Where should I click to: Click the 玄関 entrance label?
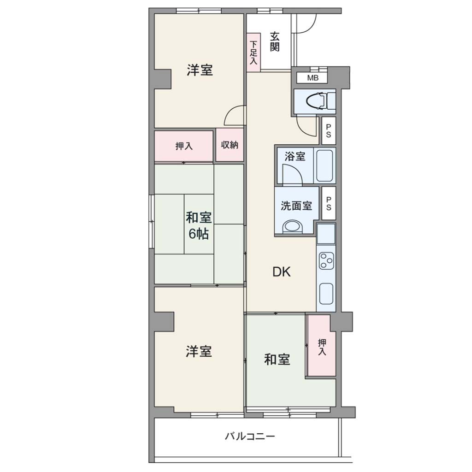coord(275,41)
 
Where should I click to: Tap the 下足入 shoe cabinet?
coord(254,53)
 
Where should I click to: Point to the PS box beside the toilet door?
coord(329,131)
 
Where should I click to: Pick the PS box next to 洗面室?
coord(329,203)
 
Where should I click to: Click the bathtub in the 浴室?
coord(325,165)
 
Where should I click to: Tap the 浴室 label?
coord(295,157)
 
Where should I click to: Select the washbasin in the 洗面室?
coord(292,227)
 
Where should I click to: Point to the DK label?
coord(282,272)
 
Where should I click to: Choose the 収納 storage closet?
coord(230,145)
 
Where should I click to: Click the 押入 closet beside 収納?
coord(183,146)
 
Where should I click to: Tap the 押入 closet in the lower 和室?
coord(321,346)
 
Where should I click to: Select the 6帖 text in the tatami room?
coord(199,234)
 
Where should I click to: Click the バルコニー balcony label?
coord(250,436)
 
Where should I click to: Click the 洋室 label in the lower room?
coord(199,351)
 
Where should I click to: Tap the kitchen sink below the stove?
coord(326,294)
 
